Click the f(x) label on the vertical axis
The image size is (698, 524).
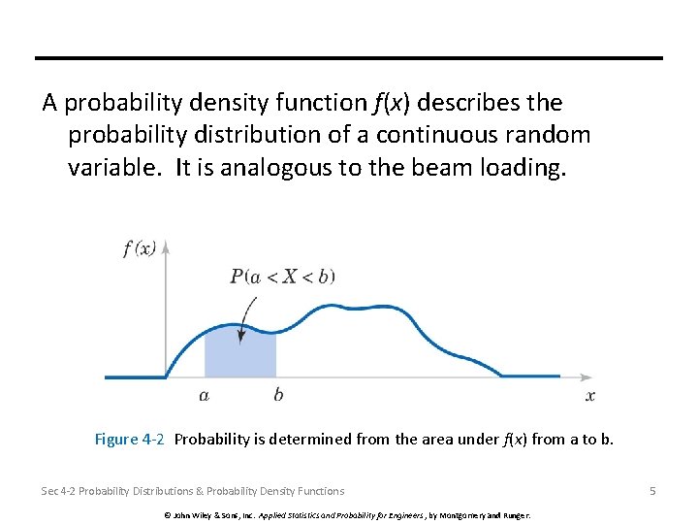tap(140, 248)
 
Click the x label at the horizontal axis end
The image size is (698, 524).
tap(590, 396)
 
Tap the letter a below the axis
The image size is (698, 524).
tap(205, 396)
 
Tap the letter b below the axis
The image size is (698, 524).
tap(278, 395)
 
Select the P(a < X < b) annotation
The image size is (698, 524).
tap(282, 277)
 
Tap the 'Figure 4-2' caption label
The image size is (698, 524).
tap(129, 440)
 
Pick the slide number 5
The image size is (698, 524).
tap(652, 491)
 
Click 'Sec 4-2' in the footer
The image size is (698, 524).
tap(57, 491)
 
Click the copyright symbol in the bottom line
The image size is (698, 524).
tap(168, 514)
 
